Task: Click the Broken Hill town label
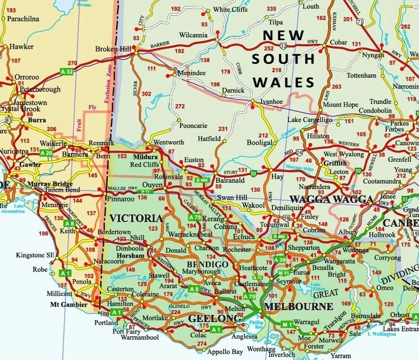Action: (x=113, y=49)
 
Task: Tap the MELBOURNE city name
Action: (x=298, y=307)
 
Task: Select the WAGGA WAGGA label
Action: (x=331, y=199)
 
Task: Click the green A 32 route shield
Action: (x=67, y=72)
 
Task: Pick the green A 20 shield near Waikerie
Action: (x=46, y=153)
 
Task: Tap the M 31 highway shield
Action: (x=283, y=273)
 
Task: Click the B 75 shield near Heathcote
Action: (x=258, y=277)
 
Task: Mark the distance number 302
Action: (x=147, y=94)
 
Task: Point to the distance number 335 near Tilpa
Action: (x=271, y=9)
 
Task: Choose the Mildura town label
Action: (x=145, y=157)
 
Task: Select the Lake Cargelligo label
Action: (x=309, y=120)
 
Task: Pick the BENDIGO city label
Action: (x=207, y=265)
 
